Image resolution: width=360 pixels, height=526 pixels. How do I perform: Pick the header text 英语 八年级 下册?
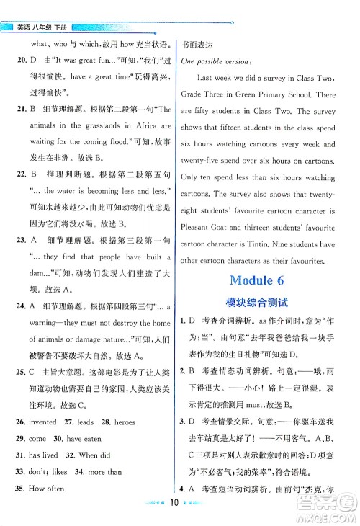click(45, 27)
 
